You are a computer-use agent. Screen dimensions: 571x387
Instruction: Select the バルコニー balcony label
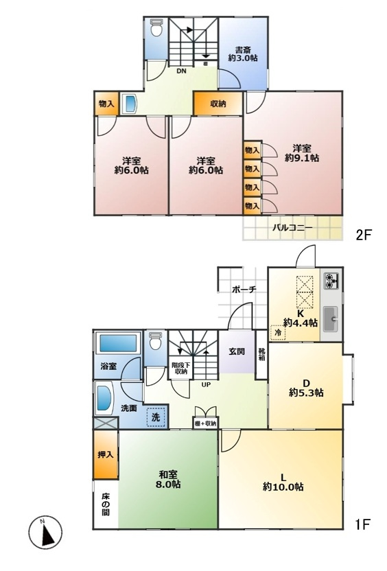[x=292, y=227]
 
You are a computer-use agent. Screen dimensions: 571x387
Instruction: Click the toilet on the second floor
[x=156, y=30]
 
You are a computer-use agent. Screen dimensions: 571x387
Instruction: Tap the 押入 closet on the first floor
[x=105, y=454]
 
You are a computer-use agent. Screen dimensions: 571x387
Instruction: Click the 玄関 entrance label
[x=237, y=351]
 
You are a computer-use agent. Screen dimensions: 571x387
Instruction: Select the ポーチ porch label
[x=244, y=290]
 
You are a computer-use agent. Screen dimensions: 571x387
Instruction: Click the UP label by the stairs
[x=205, y=384]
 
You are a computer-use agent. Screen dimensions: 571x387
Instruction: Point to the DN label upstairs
[x=180, y=70]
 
